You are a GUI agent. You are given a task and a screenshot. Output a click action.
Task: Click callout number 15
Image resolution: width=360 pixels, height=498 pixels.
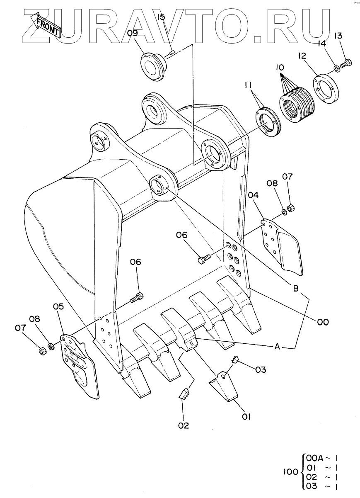161,17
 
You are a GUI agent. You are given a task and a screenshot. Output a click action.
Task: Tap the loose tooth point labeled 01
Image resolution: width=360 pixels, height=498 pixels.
224,386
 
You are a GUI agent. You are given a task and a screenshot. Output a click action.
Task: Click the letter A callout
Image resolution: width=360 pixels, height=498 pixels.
277,347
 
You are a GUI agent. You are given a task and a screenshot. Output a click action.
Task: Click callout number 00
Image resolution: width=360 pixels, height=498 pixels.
323,321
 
